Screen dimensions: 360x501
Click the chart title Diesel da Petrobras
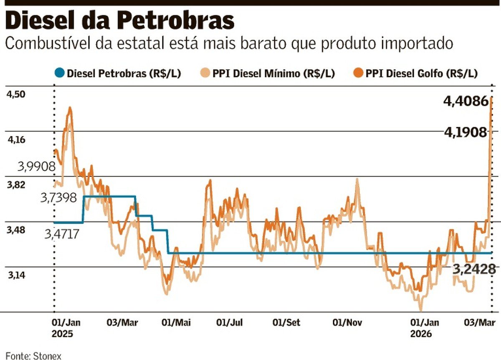click(120, 21)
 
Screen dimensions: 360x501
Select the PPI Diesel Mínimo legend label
click(273, 74)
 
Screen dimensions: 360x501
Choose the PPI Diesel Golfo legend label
click(422, 74)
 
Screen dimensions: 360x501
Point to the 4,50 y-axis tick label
click(15, 95)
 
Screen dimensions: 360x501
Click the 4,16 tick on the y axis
click(15, 140)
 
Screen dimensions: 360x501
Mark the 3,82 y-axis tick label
click(15, 185)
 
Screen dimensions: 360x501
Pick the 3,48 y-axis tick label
click(15, 231)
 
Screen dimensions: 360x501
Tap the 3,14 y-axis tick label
click(15, 276)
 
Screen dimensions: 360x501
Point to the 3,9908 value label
click(37, 167)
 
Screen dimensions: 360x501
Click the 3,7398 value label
click(58, 198)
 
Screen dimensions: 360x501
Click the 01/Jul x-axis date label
click(230, 322)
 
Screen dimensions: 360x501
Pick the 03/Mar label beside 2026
click(480, 322)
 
